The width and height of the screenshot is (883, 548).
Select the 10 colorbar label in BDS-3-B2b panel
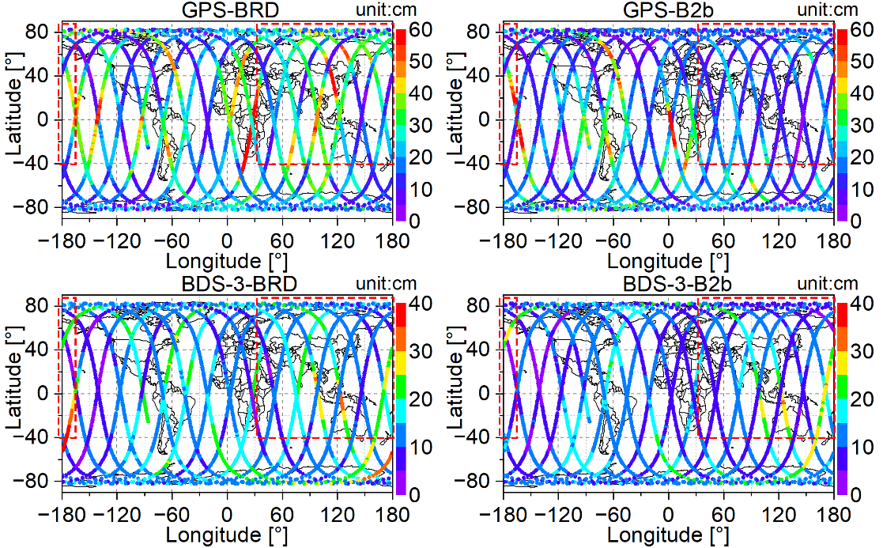tap(860, 448)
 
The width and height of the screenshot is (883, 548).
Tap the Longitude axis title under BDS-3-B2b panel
tap(668, 535)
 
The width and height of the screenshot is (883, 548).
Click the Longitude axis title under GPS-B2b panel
tap(668, 261)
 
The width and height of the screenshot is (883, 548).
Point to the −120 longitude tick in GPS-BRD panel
tap(116, 240)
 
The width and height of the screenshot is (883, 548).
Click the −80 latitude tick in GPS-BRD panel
tap(40, 207)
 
